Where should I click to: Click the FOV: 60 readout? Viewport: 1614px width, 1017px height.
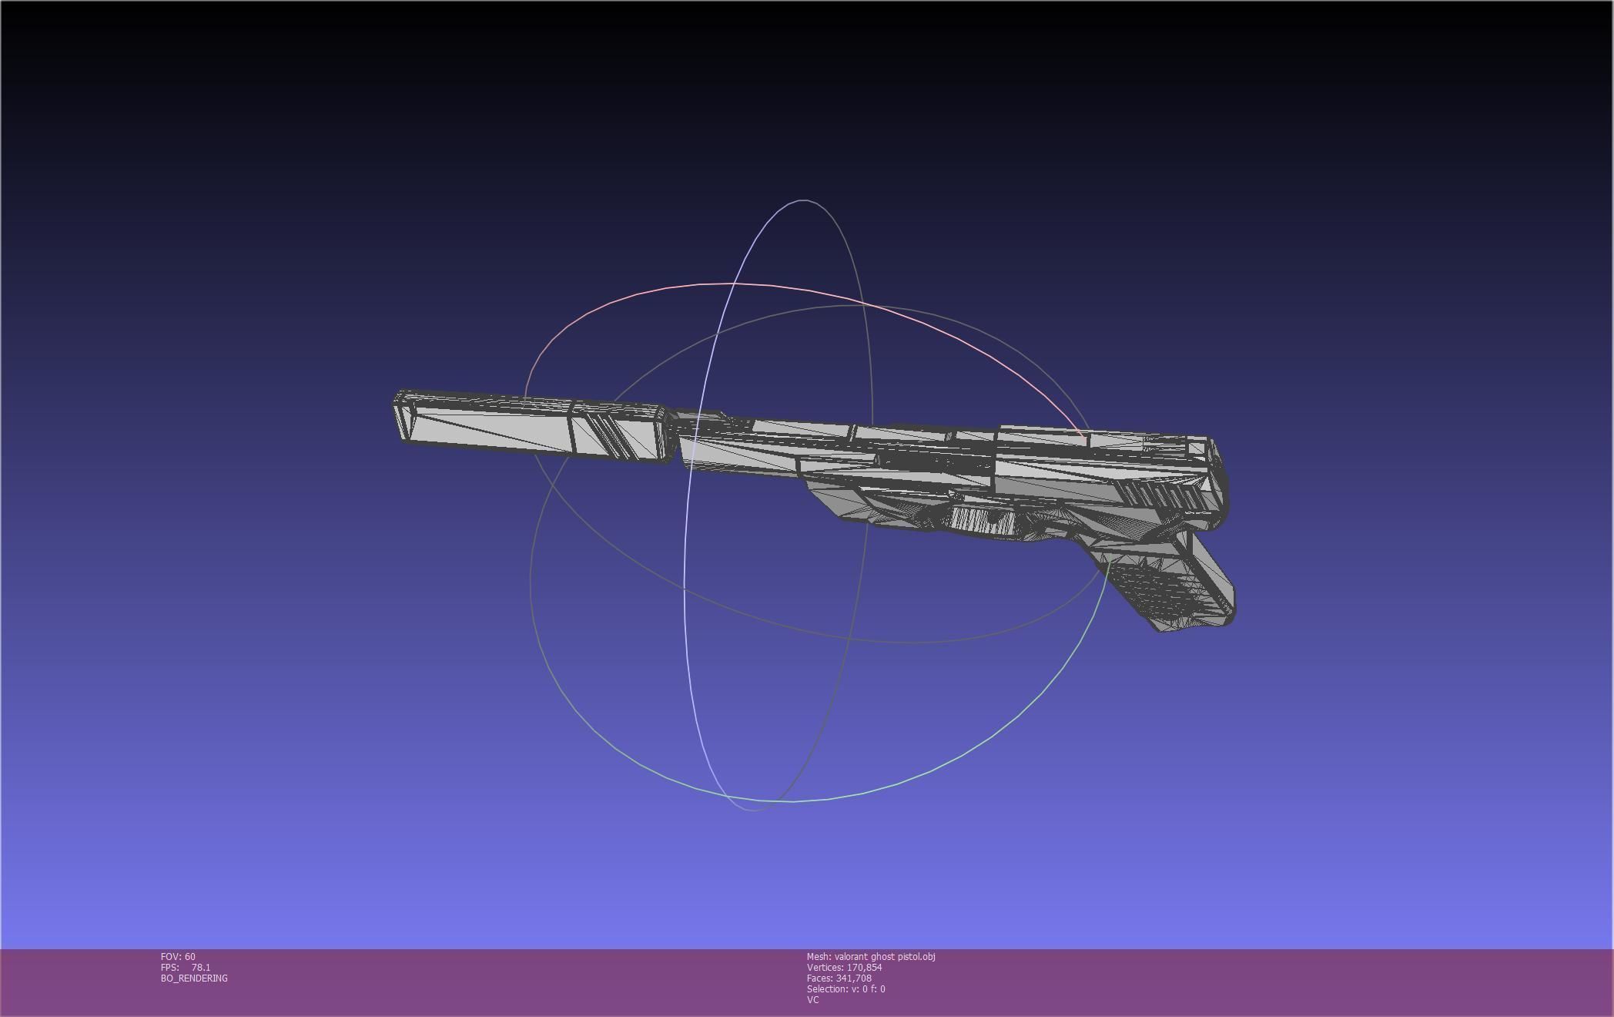[178, 956]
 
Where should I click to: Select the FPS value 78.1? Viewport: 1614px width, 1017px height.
[200, 967]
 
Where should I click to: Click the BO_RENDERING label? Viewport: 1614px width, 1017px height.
[194, 978]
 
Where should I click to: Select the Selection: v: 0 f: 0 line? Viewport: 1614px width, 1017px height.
[846, 988]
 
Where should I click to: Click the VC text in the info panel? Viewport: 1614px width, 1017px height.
[812, 999]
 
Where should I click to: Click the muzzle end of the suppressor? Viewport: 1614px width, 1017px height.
[402, 417]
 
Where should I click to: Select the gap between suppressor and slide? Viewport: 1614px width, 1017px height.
[672, 438]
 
